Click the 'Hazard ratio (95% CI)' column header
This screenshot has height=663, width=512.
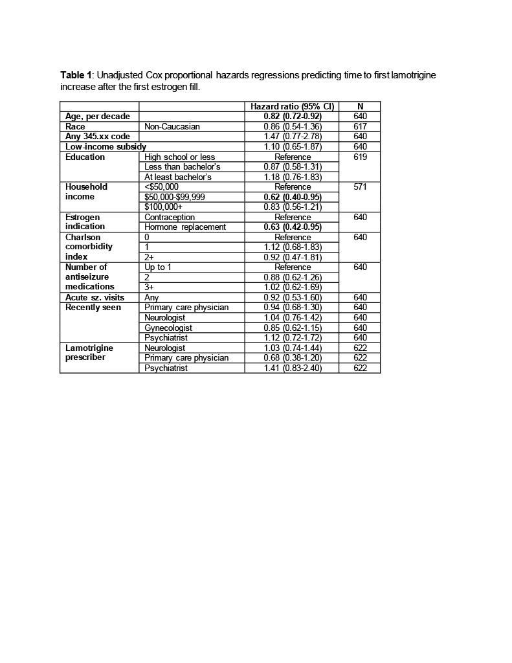[x=293, y=107]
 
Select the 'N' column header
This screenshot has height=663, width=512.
[x=360, y=107]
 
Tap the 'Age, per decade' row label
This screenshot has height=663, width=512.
[x=98, y=117]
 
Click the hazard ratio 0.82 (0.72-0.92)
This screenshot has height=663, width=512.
[x=293, y=117]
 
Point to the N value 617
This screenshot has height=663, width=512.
[x=360, y=127]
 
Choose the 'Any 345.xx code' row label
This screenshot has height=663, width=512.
[x=98, y=137]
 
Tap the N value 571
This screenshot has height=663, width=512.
[x=360, y=187]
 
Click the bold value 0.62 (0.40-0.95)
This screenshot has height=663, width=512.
[x=293, y=197]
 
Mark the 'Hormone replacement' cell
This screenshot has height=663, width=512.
[x=185, y=227]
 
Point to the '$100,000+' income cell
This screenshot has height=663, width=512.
[x=164, y=207]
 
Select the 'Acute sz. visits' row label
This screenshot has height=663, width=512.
[x=95, y=298]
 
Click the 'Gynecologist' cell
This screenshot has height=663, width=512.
[x=168, y=328]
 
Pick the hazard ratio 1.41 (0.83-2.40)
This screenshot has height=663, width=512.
[x=293, y=368]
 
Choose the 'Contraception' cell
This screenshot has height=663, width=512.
[x=170, y=218]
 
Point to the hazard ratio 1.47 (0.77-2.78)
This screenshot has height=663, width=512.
[x=293, y=137]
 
